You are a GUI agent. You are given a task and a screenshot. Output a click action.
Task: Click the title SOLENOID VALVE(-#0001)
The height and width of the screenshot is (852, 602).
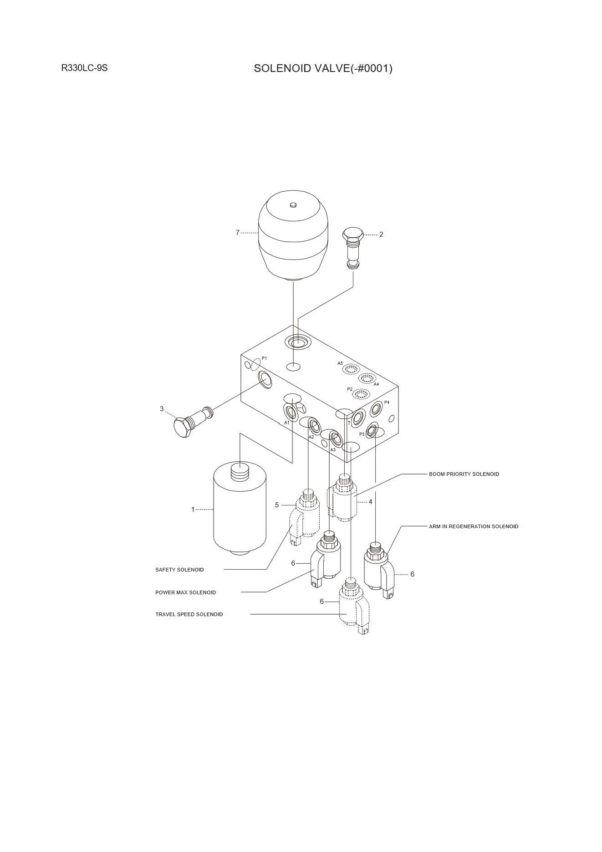coord(323,68)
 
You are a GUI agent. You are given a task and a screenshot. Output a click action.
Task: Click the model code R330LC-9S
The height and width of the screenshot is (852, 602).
coord(84,68)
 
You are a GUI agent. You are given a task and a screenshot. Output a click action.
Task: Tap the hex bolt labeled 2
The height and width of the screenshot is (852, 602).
coord(353,249)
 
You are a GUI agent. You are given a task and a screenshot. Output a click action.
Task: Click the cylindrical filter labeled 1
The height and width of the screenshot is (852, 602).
coord(240,510)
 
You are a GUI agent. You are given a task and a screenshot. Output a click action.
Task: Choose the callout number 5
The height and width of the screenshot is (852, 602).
coord(277,505)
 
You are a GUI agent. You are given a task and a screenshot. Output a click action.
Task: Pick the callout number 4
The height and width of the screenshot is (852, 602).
coord(371,502)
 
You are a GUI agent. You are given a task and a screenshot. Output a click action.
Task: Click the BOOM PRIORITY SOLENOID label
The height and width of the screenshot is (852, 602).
coord(464,474)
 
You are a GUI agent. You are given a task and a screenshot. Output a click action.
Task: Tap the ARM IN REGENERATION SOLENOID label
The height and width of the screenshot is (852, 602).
coord(473,526)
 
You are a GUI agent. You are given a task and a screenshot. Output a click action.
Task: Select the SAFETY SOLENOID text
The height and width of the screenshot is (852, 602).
coord(179,570)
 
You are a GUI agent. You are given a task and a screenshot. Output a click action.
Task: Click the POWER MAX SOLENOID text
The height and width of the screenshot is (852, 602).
coord(185,592)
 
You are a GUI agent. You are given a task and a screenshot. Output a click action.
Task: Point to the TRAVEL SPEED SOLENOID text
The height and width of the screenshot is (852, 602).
coord(189,614)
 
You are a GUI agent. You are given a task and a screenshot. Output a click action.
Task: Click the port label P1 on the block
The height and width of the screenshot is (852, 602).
coord(265,358)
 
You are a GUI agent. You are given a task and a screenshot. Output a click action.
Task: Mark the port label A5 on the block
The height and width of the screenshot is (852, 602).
coord(340,363)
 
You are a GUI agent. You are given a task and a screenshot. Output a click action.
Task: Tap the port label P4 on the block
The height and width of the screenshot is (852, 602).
coord(387,403)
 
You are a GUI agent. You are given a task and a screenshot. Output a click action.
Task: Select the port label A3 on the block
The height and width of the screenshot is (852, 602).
coord(333,450)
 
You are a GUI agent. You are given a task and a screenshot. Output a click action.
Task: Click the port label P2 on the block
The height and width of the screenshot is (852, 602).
coord(350,389)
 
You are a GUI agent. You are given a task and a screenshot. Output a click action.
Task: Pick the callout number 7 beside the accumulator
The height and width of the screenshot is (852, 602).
coord(237,233)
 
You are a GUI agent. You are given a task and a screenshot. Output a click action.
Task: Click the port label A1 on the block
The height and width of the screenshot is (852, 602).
coord(287,423)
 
